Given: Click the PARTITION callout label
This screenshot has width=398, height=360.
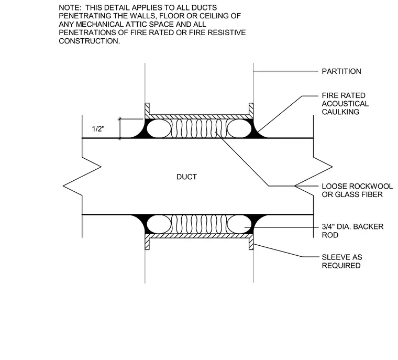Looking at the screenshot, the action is (x=341, y=71).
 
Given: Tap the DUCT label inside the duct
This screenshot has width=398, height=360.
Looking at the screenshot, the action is (x=186, y=177).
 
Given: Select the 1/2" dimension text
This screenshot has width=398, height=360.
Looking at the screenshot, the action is (x=98, y=129).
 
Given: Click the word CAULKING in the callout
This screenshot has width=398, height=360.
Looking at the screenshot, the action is (x=340, y=112).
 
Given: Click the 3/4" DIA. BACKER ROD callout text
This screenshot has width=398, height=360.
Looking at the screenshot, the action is (x=352, y=231).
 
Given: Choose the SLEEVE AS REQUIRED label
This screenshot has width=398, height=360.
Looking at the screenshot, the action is (x=342, y=261).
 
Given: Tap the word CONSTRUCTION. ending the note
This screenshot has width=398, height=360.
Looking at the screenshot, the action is (x=90, y=41).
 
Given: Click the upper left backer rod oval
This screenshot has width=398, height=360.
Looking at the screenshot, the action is (x=159, y=128).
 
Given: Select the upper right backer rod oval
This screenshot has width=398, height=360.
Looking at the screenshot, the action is (x=239, y=128).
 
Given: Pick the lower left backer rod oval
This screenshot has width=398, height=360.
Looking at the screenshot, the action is (x=159, y=224).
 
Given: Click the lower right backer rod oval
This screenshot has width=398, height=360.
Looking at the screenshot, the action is (x=239, y=224).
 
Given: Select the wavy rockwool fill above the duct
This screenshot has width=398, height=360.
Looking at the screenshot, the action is (x=199, y=128).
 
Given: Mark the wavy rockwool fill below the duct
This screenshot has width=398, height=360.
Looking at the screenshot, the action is (x=199, y=224).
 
